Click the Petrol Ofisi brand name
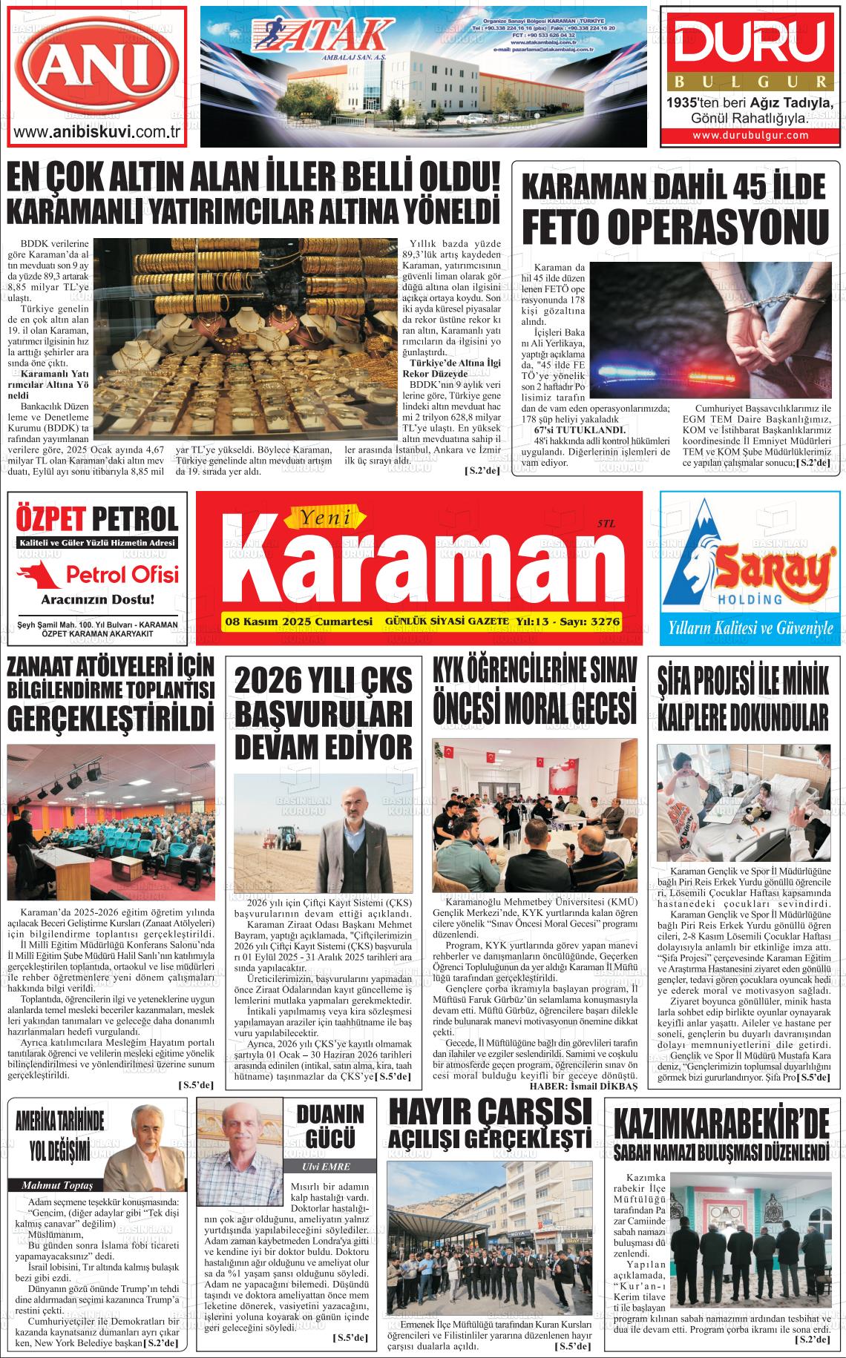point(122,574)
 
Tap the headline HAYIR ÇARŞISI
point(489,1113)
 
